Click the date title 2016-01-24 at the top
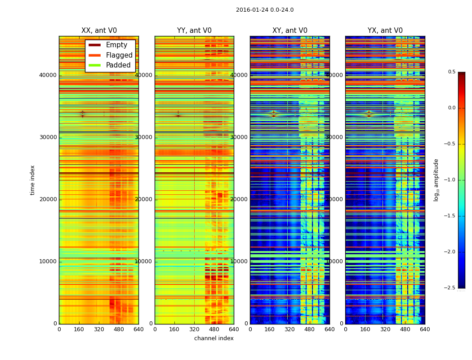264,10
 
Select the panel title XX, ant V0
99,31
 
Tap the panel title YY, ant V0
194,31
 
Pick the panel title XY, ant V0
290,31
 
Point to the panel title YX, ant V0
385,31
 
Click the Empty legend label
116,45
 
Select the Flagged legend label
119,55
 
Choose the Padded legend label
118,65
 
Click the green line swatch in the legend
94,65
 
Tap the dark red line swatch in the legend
94,45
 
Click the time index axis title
32,180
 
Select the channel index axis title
214,338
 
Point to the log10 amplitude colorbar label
436,180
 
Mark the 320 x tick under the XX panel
99,329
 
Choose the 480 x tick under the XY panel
310,329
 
